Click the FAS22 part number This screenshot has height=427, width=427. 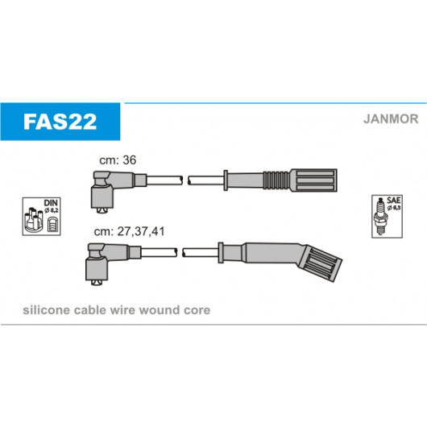[x=60, y=122]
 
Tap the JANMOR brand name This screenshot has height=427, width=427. [x=391, y=119]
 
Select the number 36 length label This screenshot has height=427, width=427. [x=130, y=160]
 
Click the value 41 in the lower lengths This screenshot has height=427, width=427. [x=158, y=231]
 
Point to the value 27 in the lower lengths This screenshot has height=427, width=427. [x=123, y=231]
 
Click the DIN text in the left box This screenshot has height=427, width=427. [x=51, y=203]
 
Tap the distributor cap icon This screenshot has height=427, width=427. [x=34, y=220]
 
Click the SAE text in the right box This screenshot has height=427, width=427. [x=393, y=200]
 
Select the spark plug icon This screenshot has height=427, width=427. [x=381, y=217]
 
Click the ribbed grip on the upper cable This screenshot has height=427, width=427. [x=276, y=180]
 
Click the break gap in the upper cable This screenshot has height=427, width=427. [x=185, y=180]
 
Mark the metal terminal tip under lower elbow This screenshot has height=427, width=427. [x=97, y=283]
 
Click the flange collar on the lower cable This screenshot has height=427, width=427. [x=221, y=252]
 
